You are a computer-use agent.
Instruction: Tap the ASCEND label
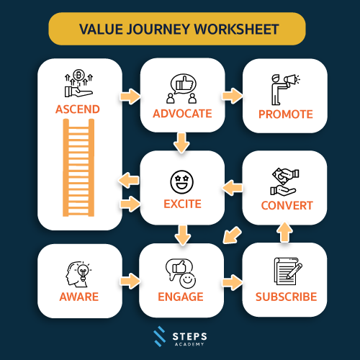click(x=78, y=109)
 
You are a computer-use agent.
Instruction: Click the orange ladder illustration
click(x=78, y=168)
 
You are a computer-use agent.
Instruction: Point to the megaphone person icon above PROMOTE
click(x=286, y=89)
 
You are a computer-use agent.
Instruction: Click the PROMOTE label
click(x=286, y=114)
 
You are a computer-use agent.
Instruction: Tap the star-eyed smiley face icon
click(x=181, y=182)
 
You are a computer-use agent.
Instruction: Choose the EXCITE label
click(x=182, y=204)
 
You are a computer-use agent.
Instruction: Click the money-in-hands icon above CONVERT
click(x=284, y=181)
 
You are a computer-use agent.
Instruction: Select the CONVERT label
click(x=287, y=206)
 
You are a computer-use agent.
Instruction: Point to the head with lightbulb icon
click(x=78, y=274)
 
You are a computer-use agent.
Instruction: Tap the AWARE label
click(x=79, y=297)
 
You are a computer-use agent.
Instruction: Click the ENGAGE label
click(x=181, y=297)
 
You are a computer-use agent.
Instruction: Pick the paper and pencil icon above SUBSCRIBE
click(x=288, y=271)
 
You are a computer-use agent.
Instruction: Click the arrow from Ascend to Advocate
click(x=130, y=96)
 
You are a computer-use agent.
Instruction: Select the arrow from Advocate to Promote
click(x=233, y=96)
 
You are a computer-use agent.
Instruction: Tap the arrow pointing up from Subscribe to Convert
click(x=284, y=232)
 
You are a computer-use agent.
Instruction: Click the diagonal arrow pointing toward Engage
click(x=232, y=235)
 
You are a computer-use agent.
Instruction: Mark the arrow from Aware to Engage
click(x=130, y=281)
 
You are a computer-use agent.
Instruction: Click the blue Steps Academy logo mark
click(x=160, y=336)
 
